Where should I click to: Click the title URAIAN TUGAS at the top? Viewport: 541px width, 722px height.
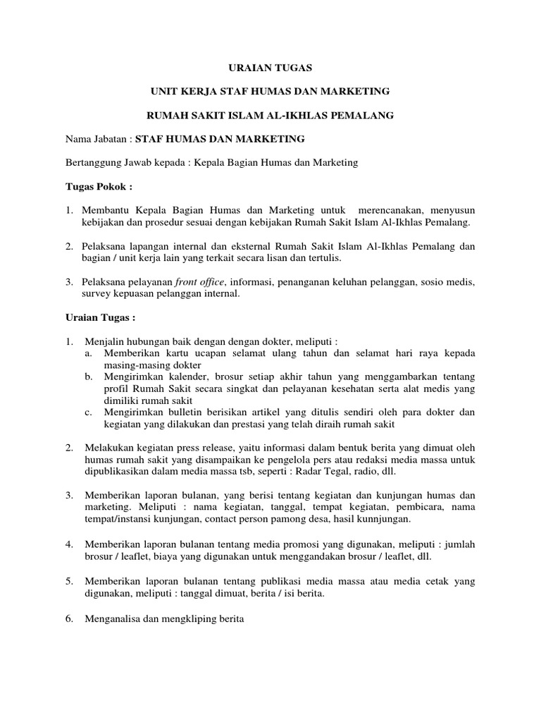(270, 68)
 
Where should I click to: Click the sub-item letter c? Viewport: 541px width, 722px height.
(88, 412)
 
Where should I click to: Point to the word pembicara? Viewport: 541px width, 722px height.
(421, 507)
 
